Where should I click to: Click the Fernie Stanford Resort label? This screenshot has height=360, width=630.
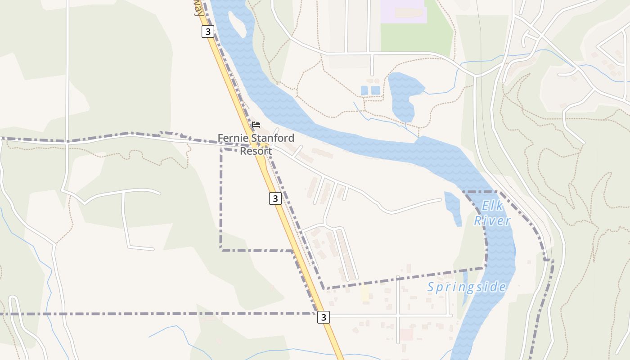tap(256, 144)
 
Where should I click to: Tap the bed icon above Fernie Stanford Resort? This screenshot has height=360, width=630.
tap(256, 125)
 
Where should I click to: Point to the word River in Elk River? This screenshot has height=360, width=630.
tap(492, 220)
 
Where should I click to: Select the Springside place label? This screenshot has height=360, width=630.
tap(466, 287)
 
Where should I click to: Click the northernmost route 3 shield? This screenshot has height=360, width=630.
tap(207, 31)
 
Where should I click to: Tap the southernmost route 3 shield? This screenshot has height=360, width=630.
tap(323, 317)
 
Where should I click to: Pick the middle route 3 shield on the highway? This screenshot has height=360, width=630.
tap(275, 198)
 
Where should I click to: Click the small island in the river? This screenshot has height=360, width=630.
tap(237, 25)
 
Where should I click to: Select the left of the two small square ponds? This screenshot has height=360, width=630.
tap(364, 90)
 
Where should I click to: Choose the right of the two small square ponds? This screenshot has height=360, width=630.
tap(375, 90)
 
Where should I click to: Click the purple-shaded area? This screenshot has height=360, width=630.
tap(403, 11)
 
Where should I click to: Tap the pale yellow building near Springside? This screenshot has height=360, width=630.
tap(365, 293)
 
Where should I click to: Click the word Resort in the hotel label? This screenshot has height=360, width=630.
tap(256, 151)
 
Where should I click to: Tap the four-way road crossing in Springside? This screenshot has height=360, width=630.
tap(398, 316)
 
